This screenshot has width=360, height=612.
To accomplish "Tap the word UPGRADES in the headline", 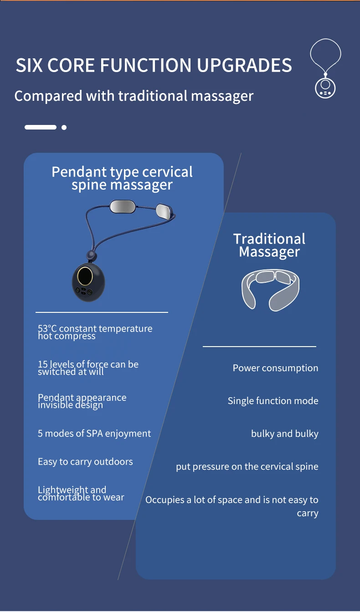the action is click(x=244, y=65).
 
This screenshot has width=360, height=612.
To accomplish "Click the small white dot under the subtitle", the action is click(x=64, y=127).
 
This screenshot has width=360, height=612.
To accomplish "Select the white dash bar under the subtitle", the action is click(x=41, y=127).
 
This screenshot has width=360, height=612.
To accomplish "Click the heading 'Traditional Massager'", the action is click(x=269, y=245).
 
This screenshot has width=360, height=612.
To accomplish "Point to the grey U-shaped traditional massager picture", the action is click(x=271, y=289).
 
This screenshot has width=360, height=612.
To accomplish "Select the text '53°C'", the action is click(x=47, y=329).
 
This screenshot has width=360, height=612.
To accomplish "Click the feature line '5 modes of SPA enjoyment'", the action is click(x=94, y=433).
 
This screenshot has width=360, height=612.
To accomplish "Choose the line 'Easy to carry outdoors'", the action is click(x=85, y=462).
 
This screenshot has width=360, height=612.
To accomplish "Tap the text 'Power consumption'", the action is click(x=275, y=368).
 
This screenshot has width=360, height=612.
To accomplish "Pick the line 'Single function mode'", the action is click(x=273, y=401).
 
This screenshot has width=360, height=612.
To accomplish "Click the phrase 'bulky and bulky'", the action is click(x=284, y=434).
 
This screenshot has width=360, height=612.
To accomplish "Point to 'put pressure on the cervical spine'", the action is click(x=247, y=467).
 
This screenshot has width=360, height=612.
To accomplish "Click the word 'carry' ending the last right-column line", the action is click(x=308, y=513).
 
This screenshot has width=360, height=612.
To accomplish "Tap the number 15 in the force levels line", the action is click(x=42, y=364).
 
